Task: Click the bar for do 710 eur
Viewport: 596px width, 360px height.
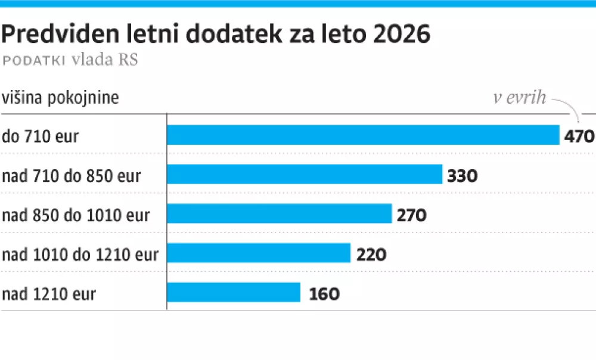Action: pos(363,135)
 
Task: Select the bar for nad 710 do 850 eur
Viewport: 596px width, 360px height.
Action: pos(305,175)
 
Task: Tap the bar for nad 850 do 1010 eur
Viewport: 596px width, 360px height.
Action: pos(279,214)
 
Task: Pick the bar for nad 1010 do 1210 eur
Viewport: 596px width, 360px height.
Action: pos(259,253)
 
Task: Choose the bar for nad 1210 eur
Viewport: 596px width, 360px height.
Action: pos(234,293)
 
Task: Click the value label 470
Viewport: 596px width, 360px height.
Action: pos(579,136)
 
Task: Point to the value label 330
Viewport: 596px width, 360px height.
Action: pos(463,176)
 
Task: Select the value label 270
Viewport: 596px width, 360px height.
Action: pos(412,215)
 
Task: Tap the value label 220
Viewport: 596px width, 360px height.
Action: pos(372,255)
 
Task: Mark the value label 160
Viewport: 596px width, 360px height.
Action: pos(324,294)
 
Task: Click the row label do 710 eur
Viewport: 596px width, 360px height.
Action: pos(41,136)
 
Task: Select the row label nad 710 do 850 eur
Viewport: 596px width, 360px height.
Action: pos(72,176)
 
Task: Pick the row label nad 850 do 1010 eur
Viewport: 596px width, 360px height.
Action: pos(76,215)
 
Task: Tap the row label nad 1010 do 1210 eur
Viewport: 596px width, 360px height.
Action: pos(80,255)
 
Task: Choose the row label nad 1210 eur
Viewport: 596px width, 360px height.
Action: pos(49,294)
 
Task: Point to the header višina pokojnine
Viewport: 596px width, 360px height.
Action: pos(60,98)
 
